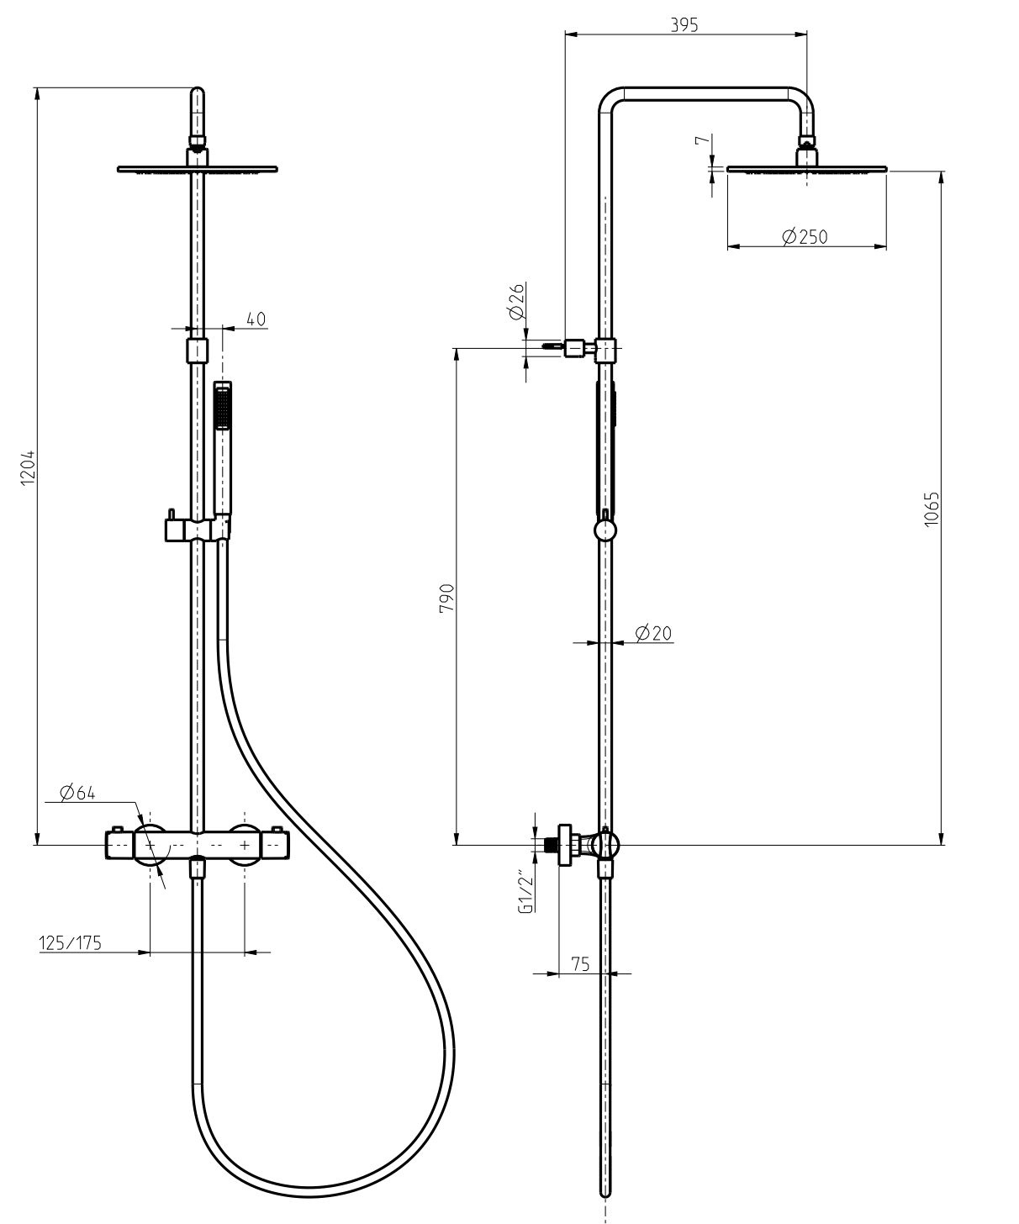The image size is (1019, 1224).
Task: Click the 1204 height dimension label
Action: pyautogui.click(x=28, y=467)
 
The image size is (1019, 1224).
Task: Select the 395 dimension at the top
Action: pyautogui.click(x=684, y=24)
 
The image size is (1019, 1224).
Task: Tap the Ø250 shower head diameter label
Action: pyautogui.click(x=805, y=237)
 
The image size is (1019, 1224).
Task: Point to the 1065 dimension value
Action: pyautogui.click(x=931, y=509)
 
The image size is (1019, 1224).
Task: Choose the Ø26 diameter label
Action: pyautogui.click(x=516, y=301)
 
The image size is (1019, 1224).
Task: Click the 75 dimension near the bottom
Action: pyautogui.click(x=580, y=963)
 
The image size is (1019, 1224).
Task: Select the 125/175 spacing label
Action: pyautogui.click(x=71, y=943)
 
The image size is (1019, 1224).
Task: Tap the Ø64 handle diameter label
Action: pyautogui.click(x=77, y=792)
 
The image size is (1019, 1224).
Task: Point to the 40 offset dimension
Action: pyautogui.click(x=256, y=319)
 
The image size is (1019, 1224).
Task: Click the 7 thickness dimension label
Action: pyautogui.click(x=702, y=142)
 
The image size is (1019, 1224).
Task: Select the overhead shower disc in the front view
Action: pyautogui.click(x=197, y=170)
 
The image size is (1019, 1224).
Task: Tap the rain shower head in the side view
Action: pyautogui.click(x=806, y=169)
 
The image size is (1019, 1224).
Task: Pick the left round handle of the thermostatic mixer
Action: pyautogui.click(x=150, y=843)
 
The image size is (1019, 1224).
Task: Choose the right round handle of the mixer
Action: pyautogui.click(x=244, y=843)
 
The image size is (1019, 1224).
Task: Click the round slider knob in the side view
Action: pyautogui.click(x=605, y=530)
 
